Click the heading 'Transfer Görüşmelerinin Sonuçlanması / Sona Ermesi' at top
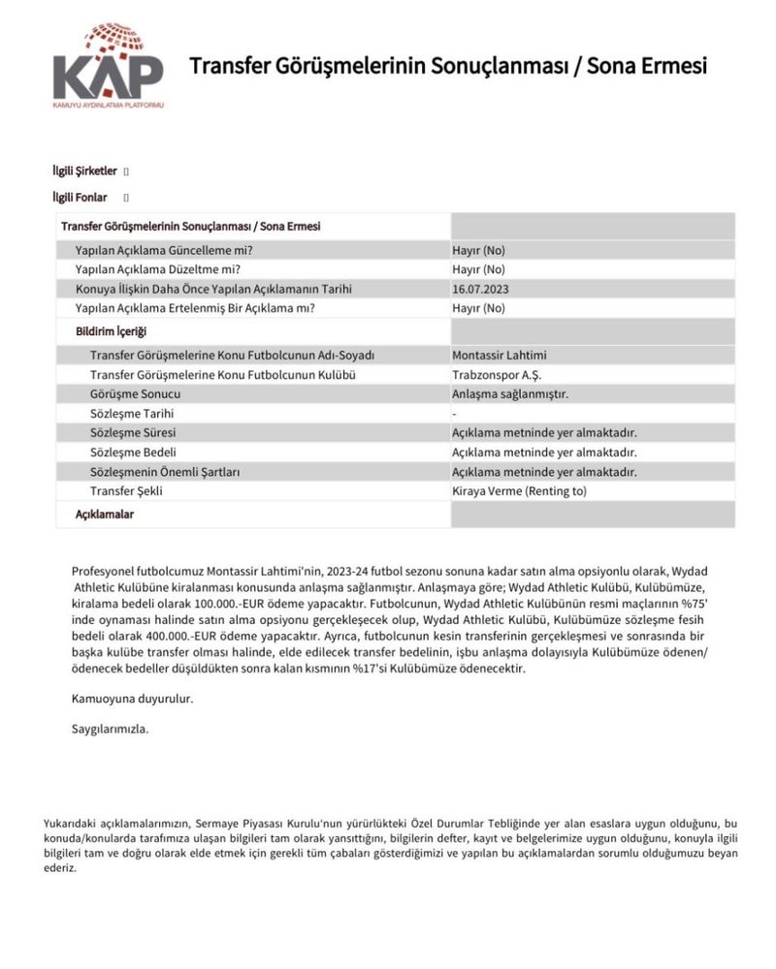coord(448,66)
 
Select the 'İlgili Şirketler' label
coord(84,172)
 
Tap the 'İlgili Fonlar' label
coord(80,198)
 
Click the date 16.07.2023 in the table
coord(479,289)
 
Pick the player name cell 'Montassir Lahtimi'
coord(500,356)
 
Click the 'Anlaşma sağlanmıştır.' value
coord(509,394)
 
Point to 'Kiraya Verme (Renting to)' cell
coord(519,491)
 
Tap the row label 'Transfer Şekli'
coord(126,491)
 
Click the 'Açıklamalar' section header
coord(105,515)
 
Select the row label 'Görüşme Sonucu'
coord(135,394)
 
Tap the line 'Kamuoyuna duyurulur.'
coord(133,698)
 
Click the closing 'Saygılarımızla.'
coord(111,729)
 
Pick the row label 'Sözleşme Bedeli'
coord(133,453)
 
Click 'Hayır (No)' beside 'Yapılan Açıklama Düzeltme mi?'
coord(478,269)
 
